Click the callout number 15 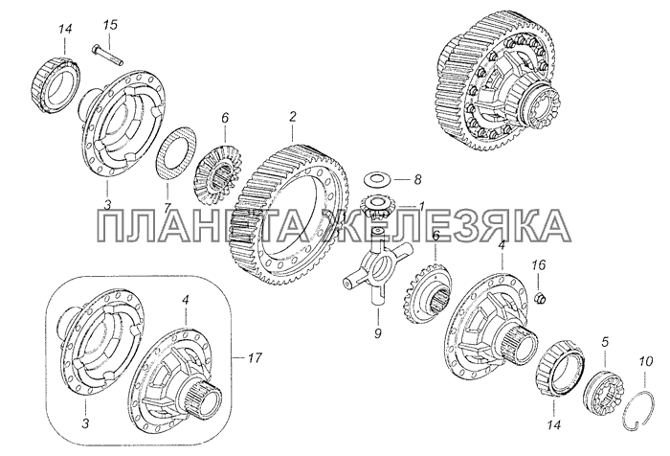click(109, 25)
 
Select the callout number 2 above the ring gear click(292, 116)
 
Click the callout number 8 click(417, 179)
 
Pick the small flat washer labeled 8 click(376, 178)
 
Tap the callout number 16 click(538, 265)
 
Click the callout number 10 click(646, 361)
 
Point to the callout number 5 click(605, 342)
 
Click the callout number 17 click(254, 357)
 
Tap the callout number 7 click(167, 205)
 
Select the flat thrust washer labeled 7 click(175, 153)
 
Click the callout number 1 click(421, 207)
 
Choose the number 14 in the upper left click(65, 29)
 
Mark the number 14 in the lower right click(552, 424)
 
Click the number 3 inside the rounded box click(86, 424)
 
